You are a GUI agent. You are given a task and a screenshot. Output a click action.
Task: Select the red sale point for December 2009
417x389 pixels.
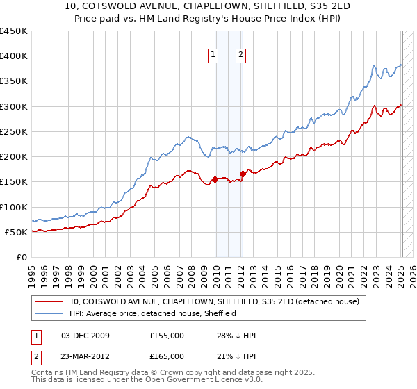215,179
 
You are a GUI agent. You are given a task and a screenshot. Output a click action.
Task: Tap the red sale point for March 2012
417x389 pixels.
243,174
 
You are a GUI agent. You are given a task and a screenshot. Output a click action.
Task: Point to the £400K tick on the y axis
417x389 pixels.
13,56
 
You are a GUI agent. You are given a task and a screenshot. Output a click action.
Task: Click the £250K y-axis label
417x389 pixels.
13,131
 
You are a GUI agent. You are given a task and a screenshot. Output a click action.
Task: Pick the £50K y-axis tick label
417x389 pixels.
16,232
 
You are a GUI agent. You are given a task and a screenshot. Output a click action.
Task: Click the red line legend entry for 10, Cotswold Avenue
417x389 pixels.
214,301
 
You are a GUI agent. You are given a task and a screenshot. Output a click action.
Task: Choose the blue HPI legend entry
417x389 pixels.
153,313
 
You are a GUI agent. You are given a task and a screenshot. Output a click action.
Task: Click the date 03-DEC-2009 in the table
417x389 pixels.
85,336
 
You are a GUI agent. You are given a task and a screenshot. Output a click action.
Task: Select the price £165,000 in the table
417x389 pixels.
167,356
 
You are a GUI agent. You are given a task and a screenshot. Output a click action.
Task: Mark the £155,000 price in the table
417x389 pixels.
167,336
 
